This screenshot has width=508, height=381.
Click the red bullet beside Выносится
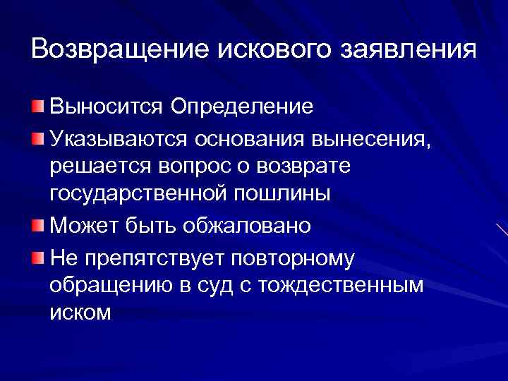[x=37, y=107]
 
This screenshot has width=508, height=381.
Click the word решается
[x=97, y=167]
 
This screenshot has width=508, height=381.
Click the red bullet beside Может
[x=37, y=225]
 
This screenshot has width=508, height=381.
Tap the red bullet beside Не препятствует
[x=37, y=255]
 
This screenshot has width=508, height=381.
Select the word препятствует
[x=153, y=257]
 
